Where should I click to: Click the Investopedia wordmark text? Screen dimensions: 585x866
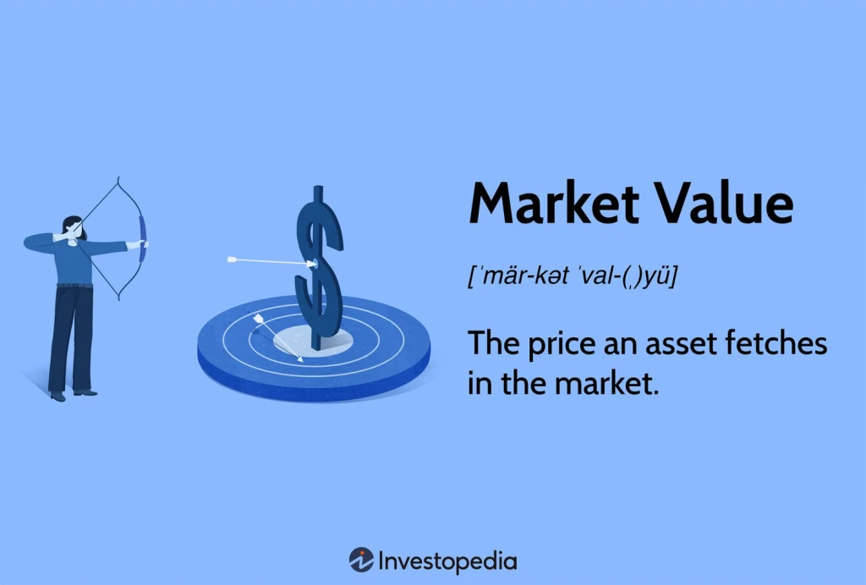pyautogui.click(x=447, y=560)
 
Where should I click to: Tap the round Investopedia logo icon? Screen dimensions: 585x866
pyautogui.click(x=361, y=560)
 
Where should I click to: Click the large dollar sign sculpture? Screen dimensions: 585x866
pyautogui.click(x=319, y=262)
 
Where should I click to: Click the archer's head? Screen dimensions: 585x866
pyautogui.click(x=73, y=226)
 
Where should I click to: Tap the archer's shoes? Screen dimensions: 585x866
pyautogui.click(x=71, y=393)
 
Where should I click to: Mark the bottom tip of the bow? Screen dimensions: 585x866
pyautogui.click(x=119, y=300)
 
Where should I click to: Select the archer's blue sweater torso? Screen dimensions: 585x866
pyautogui.click(x=71, y=261)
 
